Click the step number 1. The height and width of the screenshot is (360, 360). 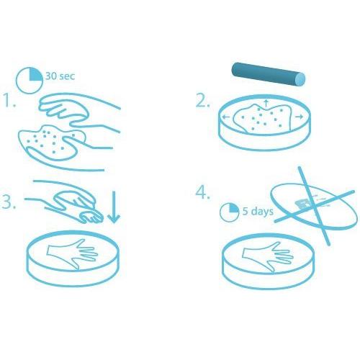(9, 100)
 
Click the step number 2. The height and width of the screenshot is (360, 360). (203, 101)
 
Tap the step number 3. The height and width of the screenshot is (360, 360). (9, 202)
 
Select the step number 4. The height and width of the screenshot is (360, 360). (202, 192)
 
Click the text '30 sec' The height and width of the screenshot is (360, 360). (60, 76)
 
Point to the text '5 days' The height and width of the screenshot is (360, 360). (258, 211)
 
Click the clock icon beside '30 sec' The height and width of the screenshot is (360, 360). (30, 80)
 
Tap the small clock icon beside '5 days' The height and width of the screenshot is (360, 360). (230, 212)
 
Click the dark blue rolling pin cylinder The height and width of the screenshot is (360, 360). (269, 74)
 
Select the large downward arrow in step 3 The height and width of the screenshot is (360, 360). (114, 207)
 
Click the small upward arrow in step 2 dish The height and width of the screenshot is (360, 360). (266, 103)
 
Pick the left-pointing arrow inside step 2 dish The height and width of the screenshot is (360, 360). (226, 117)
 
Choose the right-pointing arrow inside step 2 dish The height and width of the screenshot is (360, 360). (299, 117)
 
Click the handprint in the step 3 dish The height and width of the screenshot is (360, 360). (72, 254)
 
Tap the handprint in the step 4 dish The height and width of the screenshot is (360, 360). (267, 257)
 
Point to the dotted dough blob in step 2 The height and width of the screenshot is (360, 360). (263, 117)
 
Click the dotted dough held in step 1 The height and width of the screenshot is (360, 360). (52, 143)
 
